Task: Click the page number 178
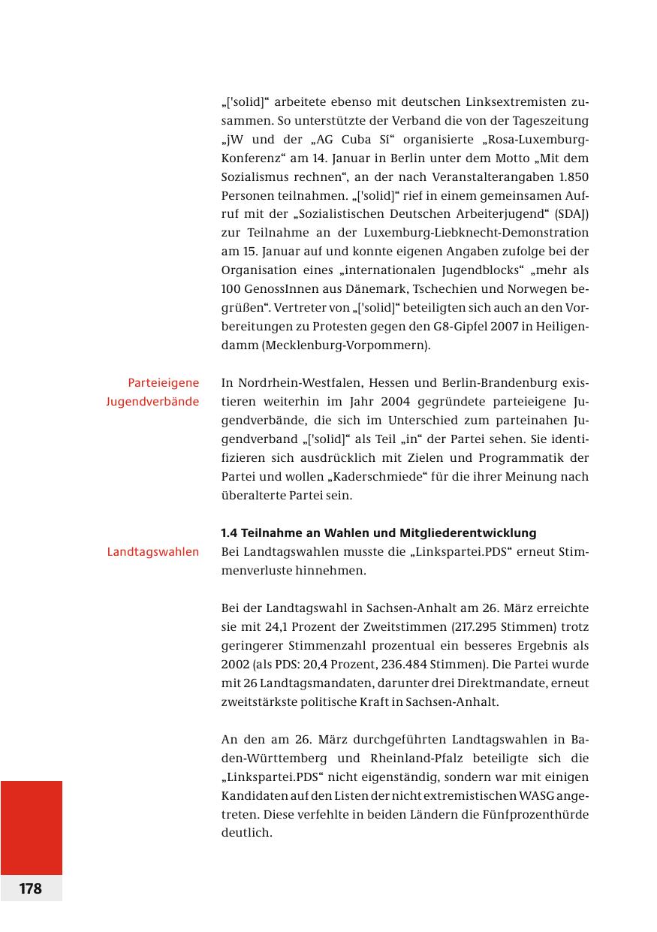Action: coord(31,888)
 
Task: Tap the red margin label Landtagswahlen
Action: coord(153,552)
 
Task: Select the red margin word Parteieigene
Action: coord(163,383)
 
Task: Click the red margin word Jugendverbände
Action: coord(152,402)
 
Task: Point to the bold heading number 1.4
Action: coord(229,533)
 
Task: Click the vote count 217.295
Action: coord(492,627)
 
